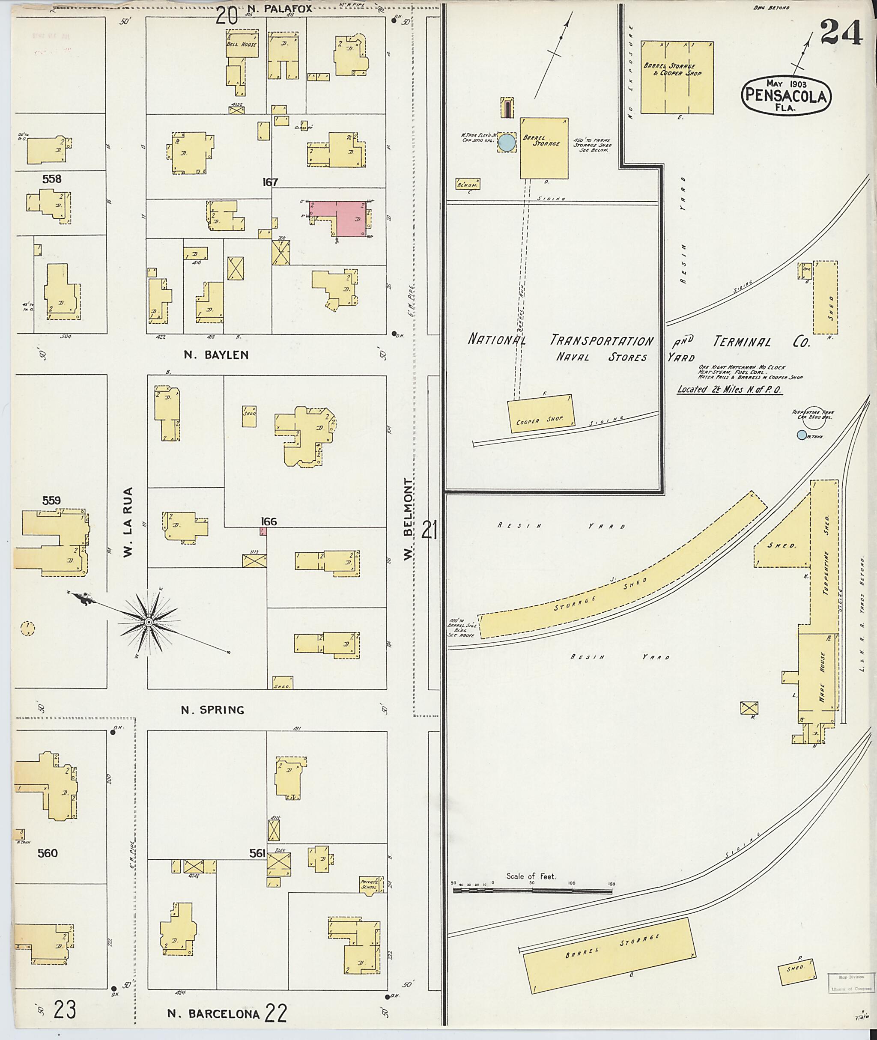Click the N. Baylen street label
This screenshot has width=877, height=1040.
(x=216, y=355)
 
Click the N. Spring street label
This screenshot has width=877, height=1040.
(x=212, y=710)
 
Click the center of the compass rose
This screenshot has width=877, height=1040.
(x=148, y=623)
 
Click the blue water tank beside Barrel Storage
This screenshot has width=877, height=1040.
(x=507, y=143)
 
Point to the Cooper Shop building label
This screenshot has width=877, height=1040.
(x=540, y=420)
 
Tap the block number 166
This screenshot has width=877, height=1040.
(x=268, y=521)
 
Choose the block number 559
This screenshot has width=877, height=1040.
(x=51, y=501)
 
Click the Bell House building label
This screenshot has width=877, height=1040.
(x=242, y=45)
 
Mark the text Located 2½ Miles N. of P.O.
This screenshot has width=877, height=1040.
(x=730, y=389)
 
